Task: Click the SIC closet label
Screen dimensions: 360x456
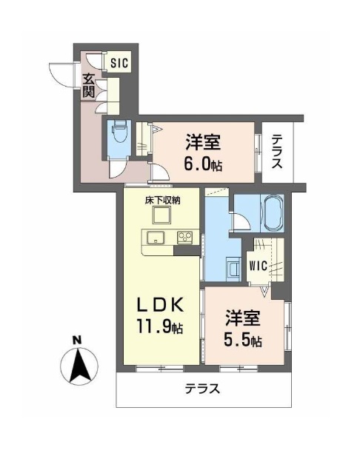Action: pyautogui.click(x=119, y=62)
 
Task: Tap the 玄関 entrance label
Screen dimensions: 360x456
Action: pyautogui.click(x=89, y=86)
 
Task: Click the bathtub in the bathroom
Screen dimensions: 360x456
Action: pyautogui.click(x=273, y=213)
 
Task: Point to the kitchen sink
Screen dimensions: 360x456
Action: pyautogui.click(x=156, y=238)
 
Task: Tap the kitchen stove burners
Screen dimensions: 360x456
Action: pyautogui.click(x=185, y=238)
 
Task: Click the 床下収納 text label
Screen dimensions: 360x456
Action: pyautogui.click(x=163, y=201)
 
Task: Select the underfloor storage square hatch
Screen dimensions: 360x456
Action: pyautogui.click(x=162, y=215)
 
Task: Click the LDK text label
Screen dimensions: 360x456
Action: pyautogui.click(x=160, y=306)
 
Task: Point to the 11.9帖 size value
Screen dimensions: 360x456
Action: pyautogui.click(x=160, y=326)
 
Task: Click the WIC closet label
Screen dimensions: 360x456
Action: pyautogui.click(x=259, y=265)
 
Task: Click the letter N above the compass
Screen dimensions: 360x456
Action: pyautogui.click(x=76, y=340)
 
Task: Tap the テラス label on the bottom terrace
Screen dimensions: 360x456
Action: pyautogui.click(x=203, y=389)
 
